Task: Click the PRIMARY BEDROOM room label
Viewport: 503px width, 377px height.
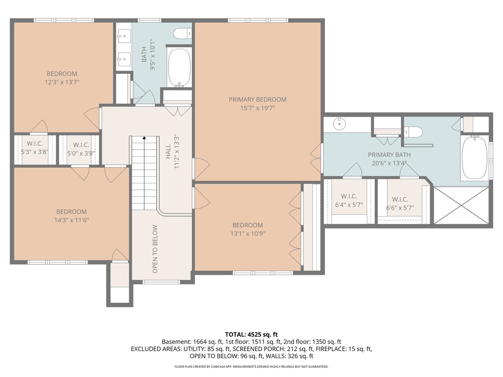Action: coord(257,100)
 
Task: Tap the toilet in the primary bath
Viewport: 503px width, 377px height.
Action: coord(413,132)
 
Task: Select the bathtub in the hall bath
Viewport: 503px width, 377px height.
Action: coord(179,67)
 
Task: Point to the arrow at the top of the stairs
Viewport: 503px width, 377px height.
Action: coord(144,137)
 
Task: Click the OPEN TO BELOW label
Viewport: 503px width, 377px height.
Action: coord(155,249)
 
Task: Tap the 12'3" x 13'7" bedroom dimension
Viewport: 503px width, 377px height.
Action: coord(62,82)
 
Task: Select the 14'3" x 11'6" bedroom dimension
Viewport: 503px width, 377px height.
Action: coord(72,220)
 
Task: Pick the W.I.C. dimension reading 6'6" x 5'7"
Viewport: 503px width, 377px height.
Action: coord(400,208)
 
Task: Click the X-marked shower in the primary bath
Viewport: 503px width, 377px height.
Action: coord(462,205)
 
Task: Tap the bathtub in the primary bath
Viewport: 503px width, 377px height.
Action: coord(474,158)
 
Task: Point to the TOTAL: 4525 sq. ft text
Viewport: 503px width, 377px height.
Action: coord(251,334)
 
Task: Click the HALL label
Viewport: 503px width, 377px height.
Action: coord(169,151)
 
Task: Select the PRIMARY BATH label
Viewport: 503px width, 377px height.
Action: coord(389,155)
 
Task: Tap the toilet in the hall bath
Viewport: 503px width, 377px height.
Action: coord(182,34)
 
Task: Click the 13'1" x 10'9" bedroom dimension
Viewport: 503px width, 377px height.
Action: coord(248,234)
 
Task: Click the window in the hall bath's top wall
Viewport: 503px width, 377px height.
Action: coord(150,21)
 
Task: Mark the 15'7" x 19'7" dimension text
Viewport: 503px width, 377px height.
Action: coord(257,108)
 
